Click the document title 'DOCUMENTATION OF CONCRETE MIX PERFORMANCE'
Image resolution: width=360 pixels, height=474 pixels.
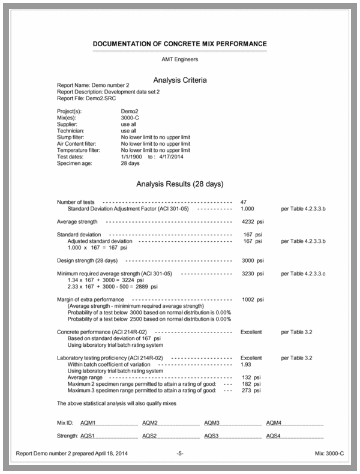(x=180, y=44)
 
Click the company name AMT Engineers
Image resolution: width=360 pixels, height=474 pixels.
(x=180, y=59)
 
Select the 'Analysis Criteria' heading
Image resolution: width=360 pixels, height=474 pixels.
(x=180, y=79)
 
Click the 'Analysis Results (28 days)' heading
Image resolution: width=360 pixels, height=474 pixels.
(x=180, y=184)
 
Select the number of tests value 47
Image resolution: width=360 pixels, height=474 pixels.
(x=244, y=202)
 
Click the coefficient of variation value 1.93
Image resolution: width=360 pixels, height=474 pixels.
(x=246, y=364)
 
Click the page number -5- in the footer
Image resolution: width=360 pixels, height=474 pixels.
(x=180, y=453)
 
